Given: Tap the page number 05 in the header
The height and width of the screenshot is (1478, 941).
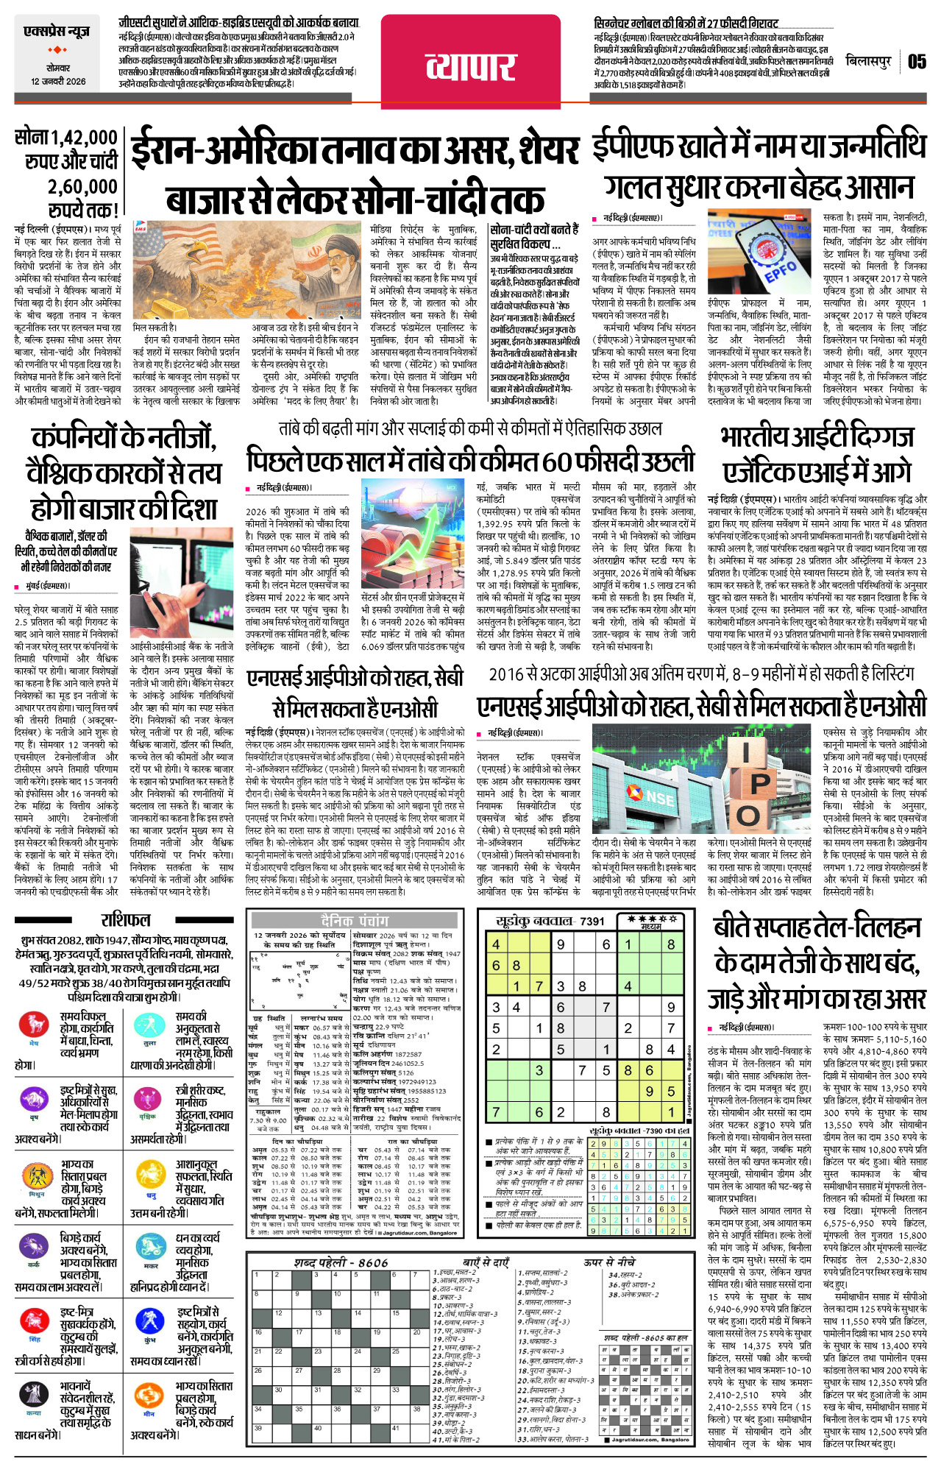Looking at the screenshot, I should point(917,61).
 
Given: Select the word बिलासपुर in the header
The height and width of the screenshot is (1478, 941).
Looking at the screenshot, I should point(868,61).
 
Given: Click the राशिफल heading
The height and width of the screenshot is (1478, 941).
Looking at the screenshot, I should point(126,919).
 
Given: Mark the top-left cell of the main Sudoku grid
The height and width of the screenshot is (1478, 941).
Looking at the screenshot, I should point(497,944).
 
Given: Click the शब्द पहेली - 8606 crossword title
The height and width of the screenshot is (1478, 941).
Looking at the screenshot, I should point(341,1262).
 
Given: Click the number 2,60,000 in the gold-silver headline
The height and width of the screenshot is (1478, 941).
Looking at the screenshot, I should point(82,186).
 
